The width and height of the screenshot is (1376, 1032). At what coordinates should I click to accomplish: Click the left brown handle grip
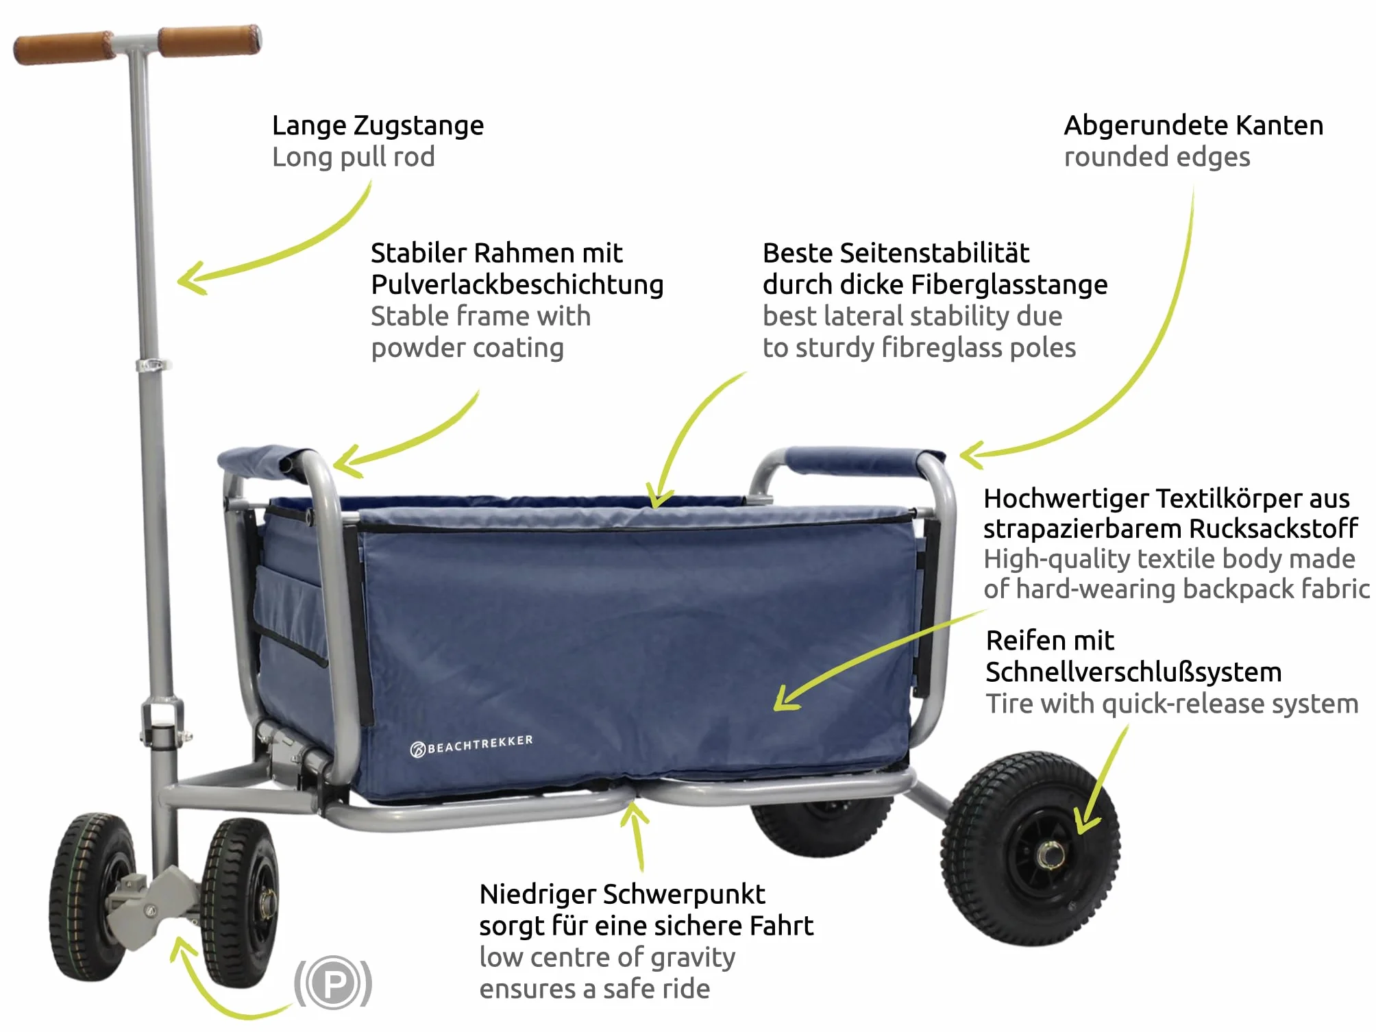[x=64, y=47]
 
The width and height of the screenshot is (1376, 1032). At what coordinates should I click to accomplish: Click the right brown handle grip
[x=210, y=40]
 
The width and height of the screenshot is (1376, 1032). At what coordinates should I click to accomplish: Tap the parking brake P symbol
[x=333, y=983]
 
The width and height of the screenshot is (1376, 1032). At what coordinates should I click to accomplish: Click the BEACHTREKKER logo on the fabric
[x=471, y=745]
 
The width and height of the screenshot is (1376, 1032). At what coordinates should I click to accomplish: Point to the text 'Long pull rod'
[x=354, y=158]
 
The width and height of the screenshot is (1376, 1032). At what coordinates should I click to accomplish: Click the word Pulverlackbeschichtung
[x=517, y=285]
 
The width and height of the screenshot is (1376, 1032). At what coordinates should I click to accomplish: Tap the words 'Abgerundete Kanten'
[x=1193, y=126]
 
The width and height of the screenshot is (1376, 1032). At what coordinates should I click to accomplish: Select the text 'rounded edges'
[x=1157, y=158]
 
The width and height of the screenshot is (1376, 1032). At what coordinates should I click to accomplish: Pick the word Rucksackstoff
[x=1273, y=529]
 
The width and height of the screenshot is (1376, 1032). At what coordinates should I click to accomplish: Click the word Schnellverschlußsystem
[x=1133, y=672]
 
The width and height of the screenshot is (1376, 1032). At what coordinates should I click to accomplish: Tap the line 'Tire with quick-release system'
[x=1172, y=704]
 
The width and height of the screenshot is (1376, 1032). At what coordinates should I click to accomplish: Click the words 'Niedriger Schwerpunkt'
[x=622, y=894]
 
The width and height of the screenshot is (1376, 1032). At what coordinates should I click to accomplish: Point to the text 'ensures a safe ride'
[x=595, y=989]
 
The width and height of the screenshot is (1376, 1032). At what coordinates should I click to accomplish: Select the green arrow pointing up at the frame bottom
[x=638, y=835]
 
